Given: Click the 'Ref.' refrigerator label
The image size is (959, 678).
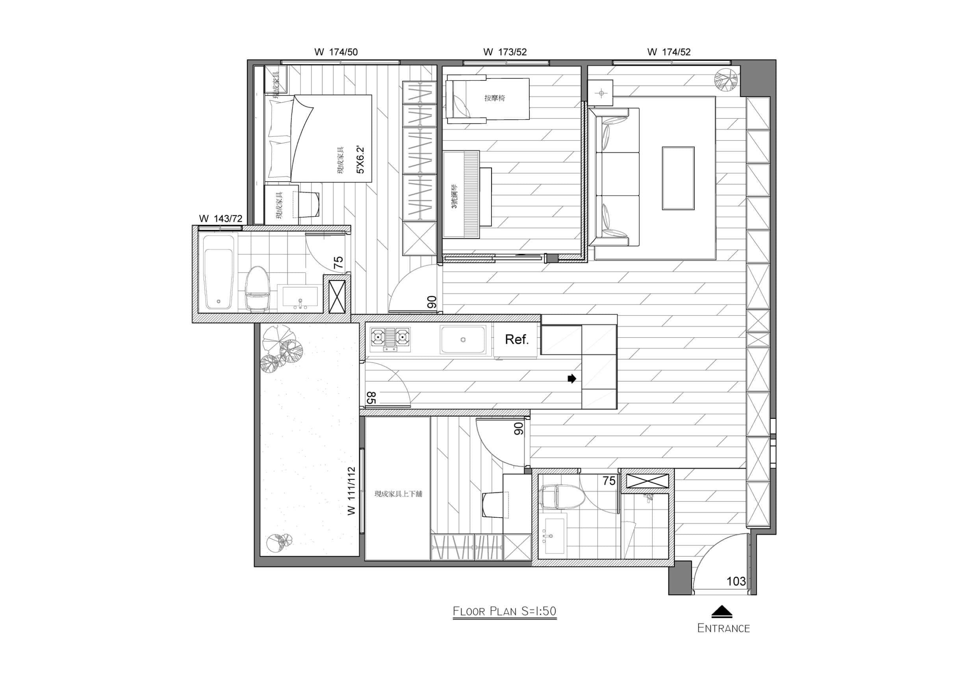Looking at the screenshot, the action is tap(517, 340).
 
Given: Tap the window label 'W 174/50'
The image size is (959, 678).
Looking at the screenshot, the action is tap(336, 52).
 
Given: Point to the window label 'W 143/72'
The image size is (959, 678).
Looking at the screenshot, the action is tap(221, 219).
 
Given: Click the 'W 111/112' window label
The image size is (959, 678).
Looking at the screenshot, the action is tap(351, 491).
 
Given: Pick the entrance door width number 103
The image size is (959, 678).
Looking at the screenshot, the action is tap(736, 581).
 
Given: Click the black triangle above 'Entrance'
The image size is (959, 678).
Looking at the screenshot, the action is tap(722, 611).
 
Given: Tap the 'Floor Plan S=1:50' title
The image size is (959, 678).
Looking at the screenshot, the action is tap(505, 611).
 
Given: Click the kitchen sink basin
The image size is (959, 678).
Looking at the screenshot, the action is tap(463, 340).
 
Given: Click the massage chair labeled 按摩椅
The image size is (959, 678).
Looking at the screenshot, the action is tap(487, 99).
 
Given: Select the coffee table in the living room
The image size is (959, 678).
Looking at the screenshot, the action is tap(678, 178).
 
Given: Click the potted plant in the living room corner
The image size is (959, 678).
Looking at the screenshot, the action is tap(726, 80).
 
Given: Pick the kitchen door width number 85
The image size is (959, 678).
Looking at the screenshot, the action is tap(371, 398).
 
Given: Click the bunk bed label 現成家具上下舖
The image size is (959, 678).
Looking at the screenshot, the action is tap(399, 494).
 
